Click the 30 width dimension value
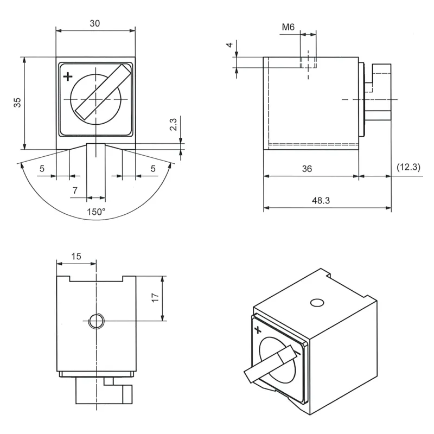[x=94, y=23]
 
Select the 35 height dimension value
[x=17, y=103]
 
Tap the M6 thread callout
[x=288, y=27]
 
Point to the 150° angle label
[x=97, y=212]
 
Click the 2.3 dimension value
[x=173, y=124]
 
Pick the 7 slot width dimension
[x=75, y=190]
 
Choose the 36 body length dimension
[x=307, y=169]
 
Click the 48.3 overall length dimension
[x=321, y=200]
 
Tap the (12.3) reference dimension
[x=409, y=167]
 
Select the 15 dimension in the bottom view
[x=76, y=256]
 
